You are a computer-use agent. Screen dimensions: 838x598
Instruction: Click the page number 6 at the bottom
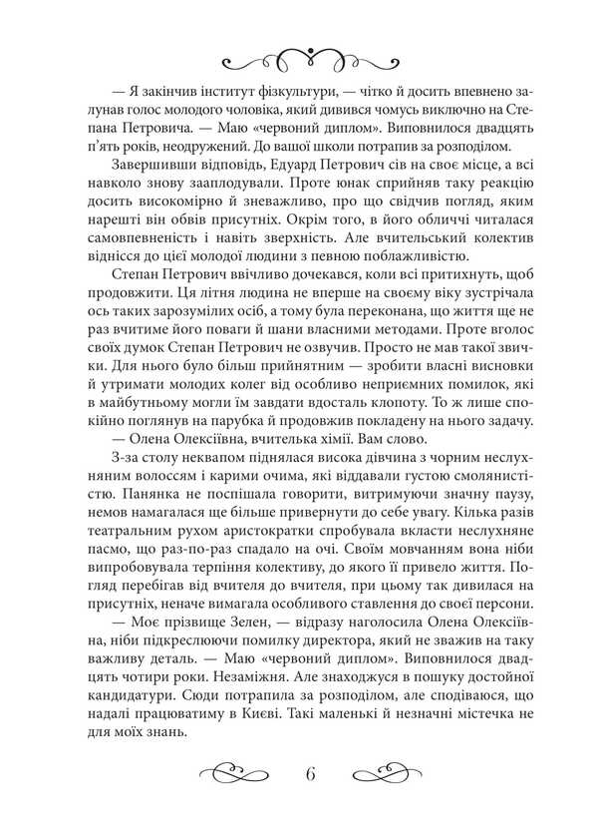(x=312, y=774)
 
